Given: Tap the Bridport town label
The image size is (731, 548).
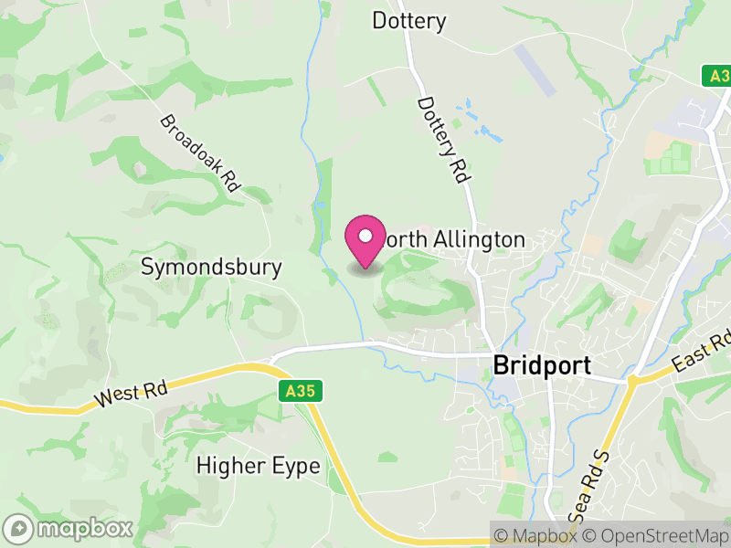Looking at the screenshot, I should click(x=542, y=364).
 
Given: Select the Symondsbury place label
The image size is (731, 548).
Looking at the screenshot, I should click(x=211, y=268).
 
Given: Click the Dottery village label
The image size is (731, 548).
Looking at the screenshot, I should click(x=408, y=20).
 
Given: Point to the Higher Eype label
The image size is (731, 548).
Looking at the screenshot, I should click(x=259, y=466).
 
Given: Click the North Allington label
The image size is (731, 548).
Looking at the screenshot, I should click(x=453, y=240).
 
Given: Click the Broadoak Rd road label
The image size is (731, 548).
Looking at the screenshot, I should click(x=199, y=153).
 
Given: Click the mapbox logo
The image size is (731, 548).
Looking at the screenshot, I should click(x=69, y=528).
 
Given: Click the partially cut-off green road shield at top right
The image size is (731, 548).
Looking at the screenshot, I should click(x=717, y=76).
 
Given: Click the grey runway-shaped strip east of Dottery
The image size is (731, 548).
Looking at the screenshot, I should click(x=535, y=68).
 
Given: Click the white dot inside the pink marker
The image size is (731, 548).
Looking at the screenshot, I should click(x=365, y=236).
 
